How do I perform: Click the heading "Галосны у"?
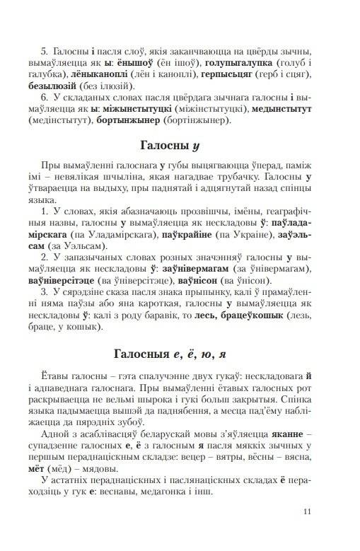click(x=180, y=148)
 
